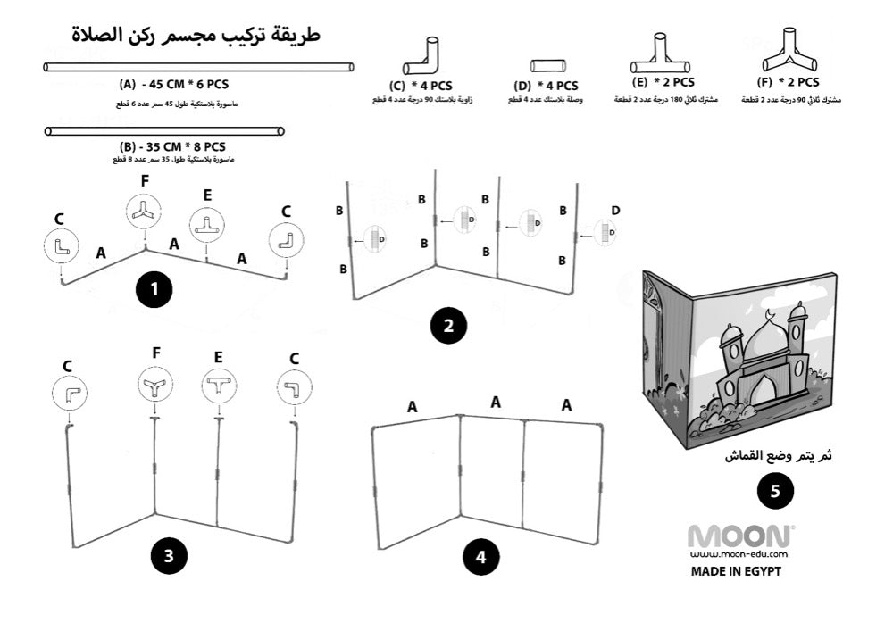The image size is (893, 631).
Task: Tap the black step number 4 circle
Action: [x=480, y=558]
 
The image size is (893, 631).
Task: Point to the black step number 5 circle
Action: [x=773, y=492]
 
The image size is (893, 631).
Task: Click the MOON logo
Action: [x=740, y=536]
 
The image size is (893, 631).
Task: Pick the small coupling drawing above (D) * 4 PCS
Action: [x=545, y=65]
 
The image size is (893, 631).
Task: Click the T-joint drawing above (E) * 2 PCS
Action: [x=661, y=56]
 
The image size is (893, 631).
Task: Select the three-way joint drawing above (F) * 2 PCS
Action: [x=790, y=54]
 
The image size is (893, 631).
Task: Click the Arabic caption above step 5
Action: [x=777, y=456]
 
